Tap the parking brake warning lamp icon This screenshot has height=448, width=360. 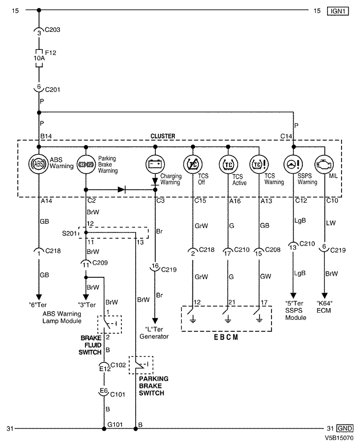point(85,165)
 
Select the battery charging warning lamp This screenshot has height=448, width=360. point(155,165)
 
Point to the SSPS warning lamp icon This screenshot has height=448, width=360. point(293,165)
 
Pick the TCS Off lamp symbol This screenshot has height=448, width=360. point(192,165)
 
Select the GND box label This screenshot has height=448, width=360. point(345,428)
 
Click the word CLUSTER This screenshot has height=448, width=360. point(163,136)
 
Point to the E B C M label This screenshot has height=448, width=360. point(226,337)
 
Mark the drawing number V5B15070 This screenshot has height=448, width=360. point(338,440)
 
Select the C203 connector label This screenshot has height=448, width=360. point(52,30)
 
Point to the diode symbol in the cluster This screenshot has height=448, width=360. point(121,189)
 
